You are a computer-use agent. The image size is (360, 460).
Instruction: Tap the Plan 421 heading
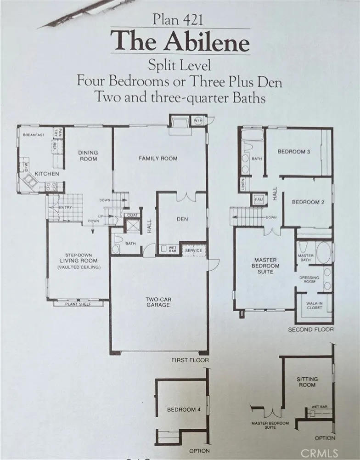[x=178, y=21]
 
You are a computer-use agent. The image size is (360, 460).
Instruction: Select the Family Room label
[x=157, y=159]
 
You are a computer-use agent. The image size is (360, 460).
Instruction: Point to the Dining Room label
[x=88, y=155]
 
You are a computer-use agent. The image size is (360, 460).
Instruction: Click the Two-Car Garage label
[x=158, y=302]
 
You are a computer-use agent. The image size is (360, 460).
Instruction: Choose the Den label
[x=182, y=219]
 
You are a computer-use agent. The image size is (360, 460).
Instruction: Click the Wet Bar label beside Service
[x=172, y=250]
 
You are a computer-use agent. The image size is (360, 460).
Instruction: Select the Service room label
[x=193, y=250]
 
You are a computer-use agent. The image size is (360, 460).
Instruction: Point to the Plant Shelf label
[x=78, y=304]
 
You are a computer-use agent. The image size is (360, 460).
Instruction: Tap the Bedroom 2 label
[x=308, y=202]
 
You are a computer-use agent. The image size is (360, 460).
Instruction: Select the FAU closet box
[x=259, y=199]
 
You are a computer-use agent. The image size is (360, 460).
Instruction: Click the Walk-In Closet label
[x=314, y=306]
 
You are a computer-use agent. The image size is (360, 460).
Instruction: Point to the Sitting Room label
[x=307, y=382]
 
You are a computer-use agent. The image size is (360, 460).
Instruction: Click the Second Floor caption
[x=311, y=329]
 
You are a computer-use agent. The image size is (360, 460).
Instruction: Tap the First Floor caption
[x=190, y=360]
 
